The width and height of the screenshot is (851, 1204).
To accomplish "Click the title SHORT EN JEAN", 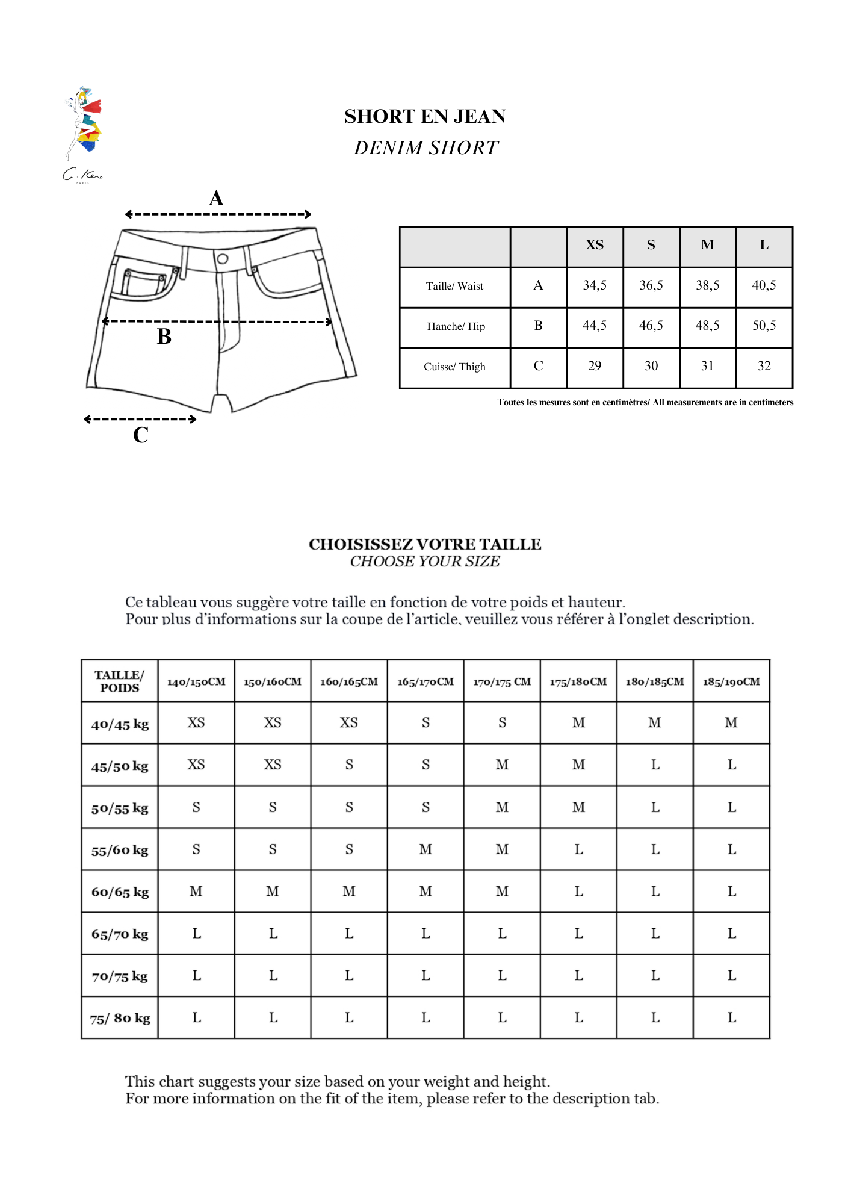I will click(425, 116).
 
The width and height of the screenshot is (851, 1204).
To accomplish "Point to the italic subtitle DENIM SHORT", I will click(426, 147).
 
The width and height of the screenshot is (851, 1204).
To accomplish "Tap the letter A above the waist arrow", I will click(216, 198).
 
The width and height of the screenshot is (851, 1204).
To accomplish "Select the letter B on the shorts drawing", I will click(164, 337).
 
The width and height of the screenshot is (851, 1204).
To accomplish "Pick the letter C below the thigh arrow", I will click(140, 435).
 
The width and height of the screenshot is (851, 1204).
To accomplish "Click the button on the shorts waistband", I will click(222, 259).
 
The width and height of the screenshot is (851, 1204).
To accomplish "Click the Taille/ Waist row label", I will click(454, 287).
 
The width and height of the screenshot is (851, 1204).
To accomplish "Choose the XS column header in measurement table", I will click(595, 245).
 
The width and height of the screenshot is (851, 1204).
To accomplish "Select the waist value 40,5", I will click(764, 285).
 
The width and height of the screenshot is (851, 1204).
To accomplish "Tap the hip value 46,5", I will click(651, 326).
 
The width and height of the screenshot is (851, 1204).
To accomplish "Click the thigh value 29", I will click(595, 366).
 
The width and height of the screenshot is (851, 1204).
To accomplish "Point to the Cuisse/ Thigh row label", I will click(454, 367).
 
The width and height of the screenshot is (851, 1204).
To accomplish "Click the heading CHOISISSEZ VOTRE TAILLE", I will click(425, 544).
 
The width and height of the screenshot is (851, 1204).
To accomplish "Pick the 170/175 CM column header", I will click(502, 682).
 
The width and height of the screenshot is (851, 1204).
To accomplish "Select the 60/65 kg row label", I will click(120, 892).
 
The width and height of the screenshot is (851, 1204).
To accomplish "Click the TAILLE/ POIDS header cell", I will click(120, 681).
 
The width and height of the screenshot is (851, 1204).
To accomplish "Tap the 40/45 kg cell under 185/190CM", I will click(731, 723).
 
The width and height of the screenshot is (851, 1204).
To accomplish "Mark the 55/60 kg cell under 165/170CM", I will click(425, 849).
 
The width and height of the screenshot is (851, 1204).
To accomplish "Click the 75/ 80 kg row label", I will click(120, 1018).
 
